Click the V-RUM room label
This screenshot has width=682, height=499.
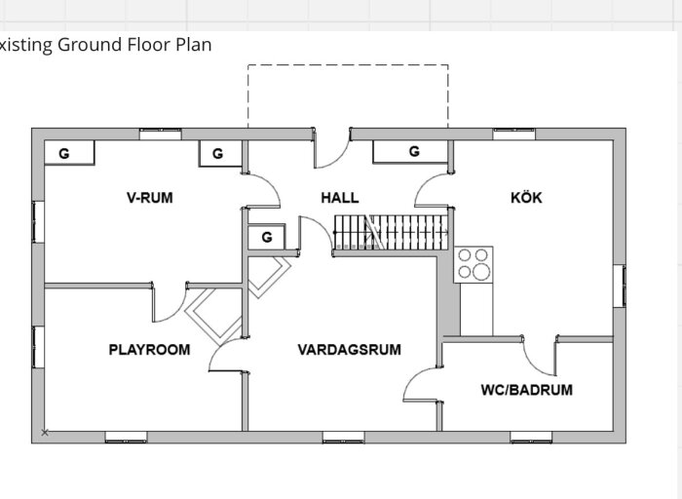(x=150, y=198)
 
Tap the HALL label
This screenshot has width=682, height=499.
(x=340, y=198)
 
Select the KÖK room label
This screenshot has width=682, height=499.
(x=526, y=198)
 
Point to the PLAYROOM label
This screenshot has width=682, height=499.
(x=149, y=350)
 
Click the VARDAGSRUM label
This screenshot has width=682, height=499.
(x=349, y=350)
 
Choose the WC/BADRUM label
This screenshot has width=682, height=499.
(x=527, y=390)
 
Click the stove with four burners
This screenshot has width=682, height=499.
(x=474, y=264)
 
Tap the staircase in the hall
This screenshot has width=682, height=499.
(x=391, y=232)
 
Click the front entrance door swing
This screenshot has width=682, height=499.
(x=331, y=148)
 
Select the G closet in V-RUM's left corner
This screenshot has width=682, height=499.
(x=69, y=153)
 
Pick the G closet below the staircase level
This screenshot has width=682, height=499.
(x=267, y=237)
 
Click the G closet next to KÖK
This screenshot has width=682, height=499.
(x=410, y=151)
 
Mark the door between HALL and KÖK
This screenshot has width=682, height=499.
(x=433, y=190)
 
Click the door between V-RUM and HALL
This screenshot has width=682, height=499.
(x=262, y=191)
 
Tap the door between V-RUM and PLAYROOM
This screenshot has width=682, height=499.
(x=170, y=303)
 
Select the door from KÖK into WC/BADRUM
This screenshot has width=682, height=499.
(x=540, y=356)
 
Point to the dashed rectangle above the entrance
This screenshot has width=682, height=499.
(x=348, y=65)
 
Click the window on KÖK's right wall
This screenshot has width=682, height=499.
(x=620, y=286)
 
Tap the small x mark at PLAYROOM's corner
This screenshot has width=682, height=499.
(x=45, y=433)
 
